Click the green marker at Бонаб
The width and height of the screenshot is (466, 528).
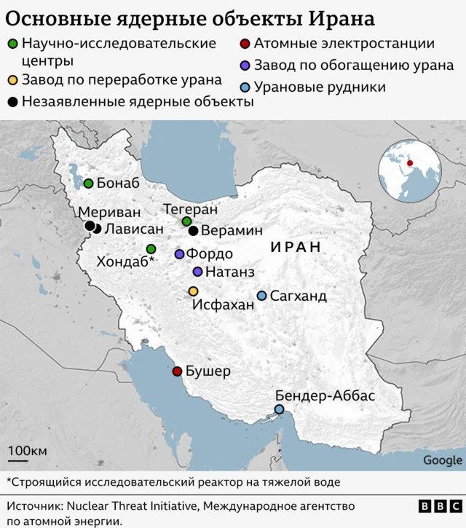click(88, 184)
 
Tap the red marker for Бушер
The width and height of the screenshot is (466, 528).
click(177, 371)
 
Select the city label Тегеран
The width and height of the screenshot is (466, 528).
click(190, 208)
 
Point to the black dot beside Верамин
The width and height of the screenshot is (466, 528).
click(193, 231)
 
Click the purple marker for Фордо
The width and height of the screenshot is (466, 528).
click(179, 254)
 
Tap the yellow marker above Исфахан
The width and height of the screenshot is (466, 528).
click(193, 291)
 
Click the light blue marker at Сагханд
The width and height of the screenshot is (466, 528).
click(262, 296)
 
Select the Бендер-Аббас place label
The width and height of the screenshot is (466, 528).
click(325, 395)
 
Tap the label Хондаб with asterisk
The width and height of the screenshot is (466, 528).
click(126, 261)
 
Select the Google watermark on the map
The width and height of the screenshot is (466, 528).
click(442, 460)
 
